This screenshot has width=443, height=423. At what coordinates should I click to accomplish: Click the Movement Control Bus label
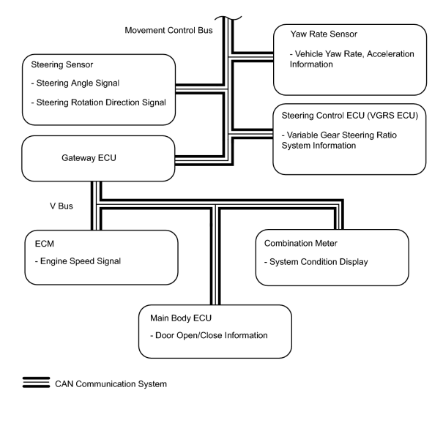pos(168,30)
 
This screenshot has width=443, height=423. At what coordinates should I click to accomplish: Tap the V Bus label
pos(62,206)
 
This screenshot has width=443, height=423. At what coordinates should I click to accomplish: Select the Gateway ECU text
pos(89,157)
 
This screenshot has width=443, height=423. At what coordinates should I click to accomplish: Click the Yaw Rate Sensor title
pos(324,34)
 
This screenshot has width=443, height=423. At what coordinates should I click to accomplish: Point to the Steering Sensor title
pos(62,64)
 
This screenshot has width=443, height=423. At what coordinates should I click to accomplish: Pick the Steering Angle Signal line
pos(75,83)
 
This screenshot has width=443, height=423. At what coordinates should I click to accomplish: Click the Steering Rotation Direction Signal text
pos(98,102)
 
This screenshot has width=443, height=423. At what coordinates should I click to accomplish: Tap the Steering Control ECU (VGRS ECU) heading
pos(350,116)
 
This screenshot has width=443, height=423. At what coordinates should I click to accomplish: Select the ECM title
pos(45,244)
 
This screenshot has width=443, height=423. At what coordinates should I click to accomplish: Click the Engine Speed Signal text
pos(78,261)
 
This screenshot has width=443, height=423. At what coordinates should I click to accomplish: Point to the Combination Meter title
pos(301,243)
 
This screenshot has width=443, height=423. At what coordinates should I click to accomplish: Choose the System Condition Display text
pos(316,262)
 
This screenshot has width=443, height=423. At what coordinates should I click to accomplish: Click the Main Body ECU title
pos(181,318)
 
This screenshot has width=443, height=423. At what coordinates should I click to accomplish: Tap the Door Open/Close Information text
pos(209,335)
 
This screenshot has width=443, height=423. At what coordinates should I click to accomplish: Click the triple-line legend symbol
pos(36,382)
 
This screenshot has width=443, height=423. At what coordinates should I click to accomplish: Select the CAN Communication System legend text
pos(111,384)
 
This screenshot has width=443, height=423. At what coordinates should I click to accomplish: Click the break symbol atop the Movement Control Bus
pos(228,18)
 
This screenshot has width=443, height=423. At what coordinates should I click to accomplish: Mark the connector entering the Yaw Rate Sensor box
pos(253,57)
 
